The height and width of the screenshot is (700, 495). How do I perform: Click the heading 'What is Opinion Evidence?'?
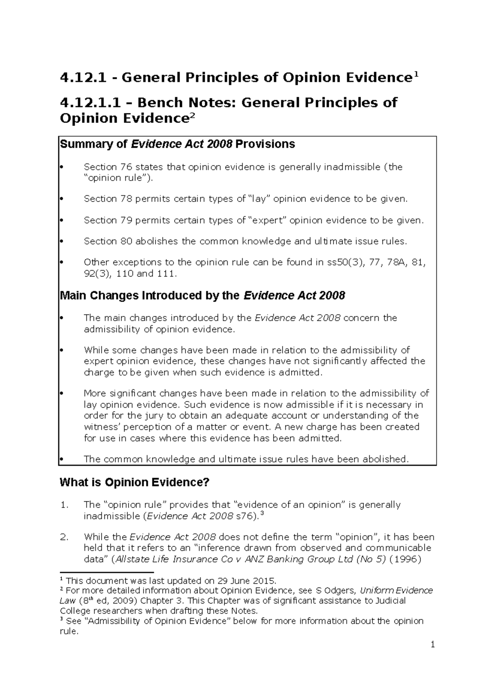point(134,482)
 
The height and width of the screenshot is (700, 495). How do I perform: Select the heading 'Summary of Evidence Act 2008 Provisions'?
point(177,144)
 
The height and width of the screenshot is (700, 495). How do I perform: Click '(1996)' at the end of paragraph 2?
point(407,559)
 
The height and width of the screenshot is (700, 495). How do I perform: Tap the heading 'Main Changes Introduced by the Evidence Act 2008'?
point(203,296)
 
